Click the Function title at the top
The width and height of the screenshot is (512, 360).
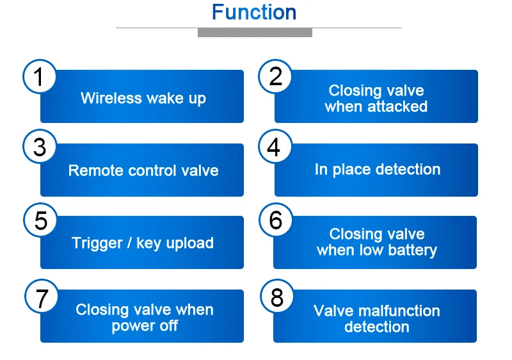pyautogui.click(x=254, y=12)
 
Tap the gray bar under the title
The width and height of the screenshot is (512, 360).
pyautogui.click(x=255, y=32)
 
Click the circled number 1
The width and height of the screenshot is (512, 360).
pyautogui.click(x=39, y=76)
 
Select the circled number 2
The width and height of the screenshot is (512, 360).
pyautogui.click(x=275, y=76)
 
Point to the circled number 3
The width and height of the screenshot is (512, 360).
pyautogui.click(x=40, y=147)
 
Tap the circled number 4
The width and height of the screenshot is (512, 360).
pyautogui.click(x=275, y=147)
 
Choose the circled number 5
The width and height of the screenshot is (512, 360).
pyautogui.click(x=40, y=220)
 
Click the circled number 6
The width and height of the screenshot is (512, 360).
pyautogui.click(x=276, y=220)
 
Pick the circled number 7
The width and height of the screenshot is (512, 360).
pyautogui.click(x=42, y=296)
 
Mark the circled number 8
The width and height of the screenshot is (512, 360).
pyautogui.click(x=277, y=296)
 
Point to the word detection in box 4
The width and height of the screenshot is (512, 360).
pyautogui.click(x=408, y=169)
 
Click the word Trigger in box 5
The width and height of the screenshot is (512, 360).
pyautogui.click(x=97, y=243)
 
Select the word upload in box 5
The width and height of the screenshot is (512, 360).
pyautogui.click(x=189, y=243)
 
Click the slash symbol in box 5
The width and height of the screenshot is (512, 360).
pyautogui.click(x=130, y=243)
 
